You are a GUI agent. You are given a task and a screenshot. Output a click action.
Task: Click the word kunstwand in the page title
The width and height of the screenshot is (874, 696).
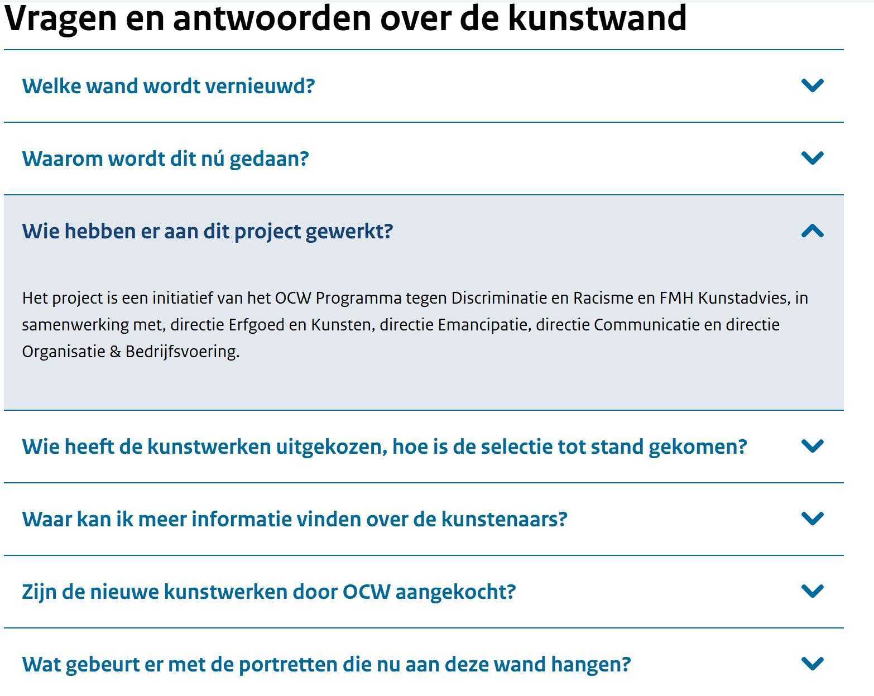coord(597,18)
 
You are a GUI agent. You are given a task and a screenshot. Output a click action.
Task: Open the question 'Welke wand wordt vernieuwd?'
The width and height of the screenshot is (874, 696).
coord(169,86)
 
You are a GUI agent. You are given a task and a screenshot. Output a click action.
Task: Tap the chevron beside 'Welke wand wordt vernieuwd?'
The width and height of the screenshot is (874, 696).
coord(812,85)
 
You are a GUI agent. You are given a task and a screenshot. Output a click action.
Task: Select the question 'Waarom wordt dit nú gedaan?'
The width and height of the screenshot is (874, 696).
coord(165,159)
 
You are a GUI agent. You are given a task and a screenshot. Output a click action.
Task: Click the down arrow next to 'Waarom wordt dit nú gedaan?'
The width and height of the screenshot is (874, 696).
coord(812,157)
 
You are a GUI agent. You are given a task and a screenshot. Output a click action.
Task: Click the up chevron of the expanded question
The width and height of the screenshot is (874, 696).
coord(812,231)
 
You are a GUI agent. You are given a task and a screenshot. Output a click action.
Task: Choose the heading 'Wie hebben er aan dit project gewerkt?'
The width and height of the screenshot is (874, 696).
coord(208,232)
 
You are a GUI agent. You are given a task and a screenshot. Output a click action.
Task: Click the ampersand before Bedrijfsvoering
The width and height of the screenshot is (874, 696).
coord(116,352)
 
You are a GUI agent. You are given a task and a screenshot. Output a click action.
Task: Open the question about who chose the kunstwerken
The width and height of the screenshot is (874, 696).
coord(384,447)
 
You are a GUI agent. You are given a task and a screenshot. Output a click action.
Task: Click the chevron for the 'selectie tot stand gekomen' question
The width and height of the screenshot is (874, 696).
coord(812,446)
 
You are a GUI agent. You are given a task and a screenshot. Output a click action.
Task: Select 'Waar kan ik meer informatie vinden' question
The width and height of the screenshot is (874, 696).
coord(295,519)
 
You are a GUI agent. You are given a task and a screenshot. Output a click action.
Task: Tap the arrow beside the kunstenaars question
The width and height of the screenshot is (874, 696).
coord(812,518)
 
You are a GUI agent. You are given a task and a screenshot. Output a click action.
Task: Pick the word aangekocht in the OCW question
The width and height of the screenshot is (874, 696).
coord(455,592)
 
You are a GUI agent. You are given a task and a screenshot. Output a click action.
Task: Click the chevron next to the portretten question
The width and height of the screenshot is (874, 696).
coord(812,664)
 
